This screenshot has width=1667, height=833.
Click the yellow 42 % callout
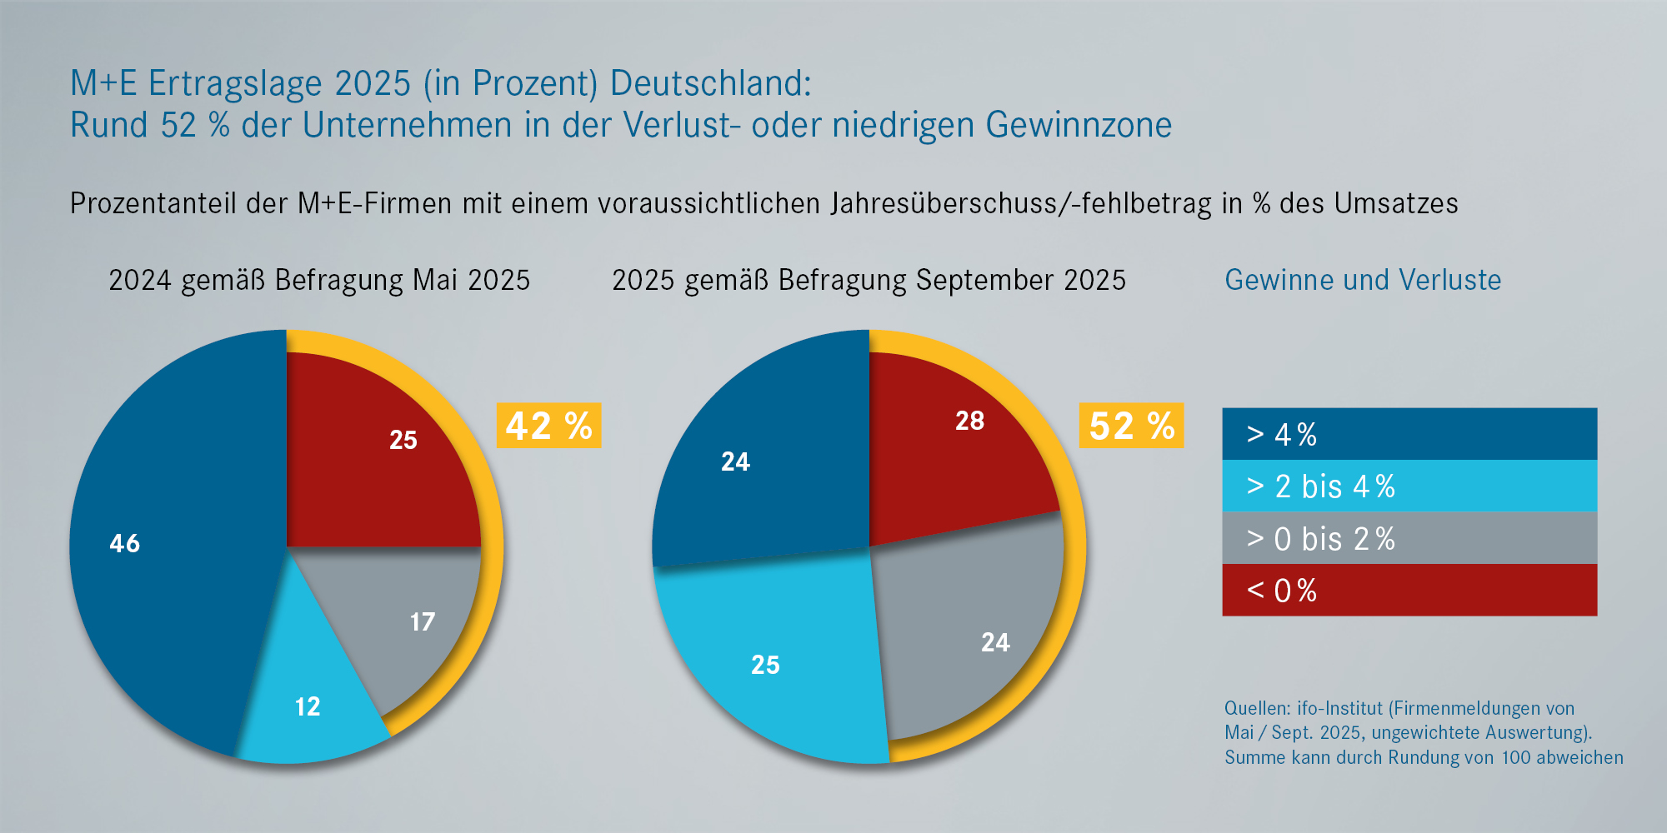pyautogui.click(x=548, y=426)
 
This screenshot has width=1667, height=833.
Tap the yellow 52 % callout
pyautogui.click(x=1131, y=426)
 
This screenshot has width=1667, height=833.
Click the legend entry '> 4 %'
pyautogui.click(x=1409, y=434)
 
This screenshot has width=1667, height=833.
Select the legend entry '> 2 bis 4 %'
pyautogui.click(x=1409, y=486)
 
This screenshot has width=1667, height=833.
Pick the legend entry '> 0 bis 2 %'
pyautogui.click(x=1409, y=538)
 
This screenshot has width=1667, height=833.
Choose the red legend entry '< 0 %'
pyautogui.click(x=1409, y=590)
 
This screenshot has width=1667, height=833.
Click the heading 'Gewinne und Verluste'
pyautogui.click(x=1363, y=280)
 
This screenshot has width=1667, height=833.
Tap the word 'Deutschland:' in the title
pyautogui.click(x=710, y=83)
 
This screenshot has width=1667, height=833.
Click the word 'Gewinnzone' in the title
pyautogui.click(x=1079, y=125)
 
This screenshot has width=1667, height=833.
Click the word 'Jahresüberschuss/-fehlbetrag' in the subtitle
pyautogui.click(x=1021, y=203)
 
